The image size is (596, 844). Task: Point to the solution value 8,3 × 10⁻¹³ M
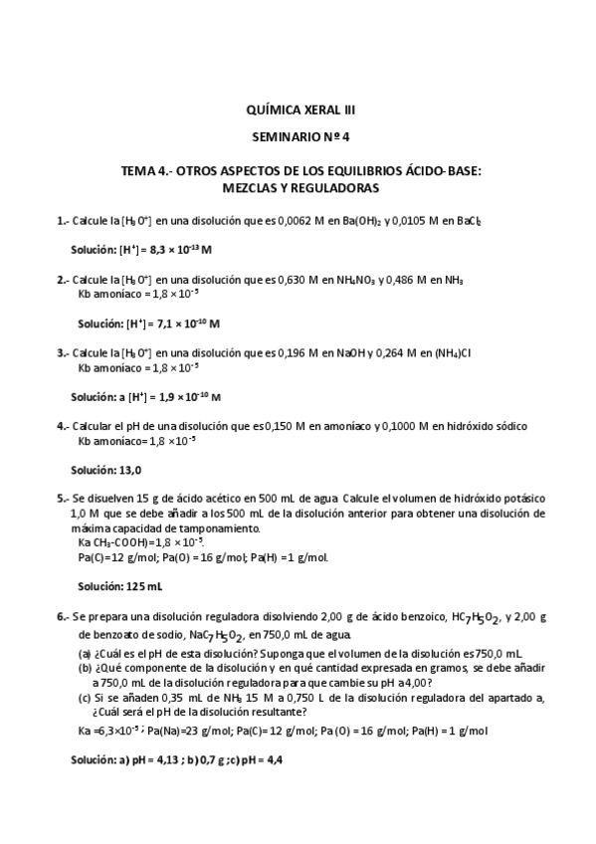pyautogui.click(x=167, y=248)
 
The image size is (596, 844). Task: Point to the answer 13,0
pyautogui.click(x=129, y=470)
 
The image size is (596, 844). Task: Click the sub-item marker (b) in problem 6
pyautogui.click(x=85, y=668)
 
